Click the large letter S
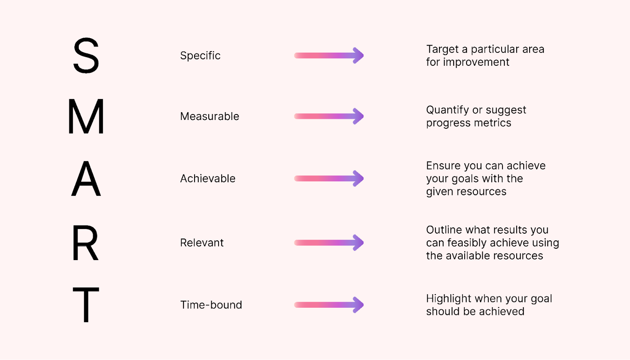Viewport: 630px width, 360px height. [x=86, y=55]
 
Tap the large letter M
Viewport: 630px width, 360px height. [x=86, y=116]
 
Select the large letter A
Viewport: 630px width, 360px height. [x=86, y=179]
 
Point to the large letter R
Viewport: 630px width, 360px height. [x=85, y=243]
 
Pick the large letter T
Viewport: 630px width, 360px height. [x=86, y=305]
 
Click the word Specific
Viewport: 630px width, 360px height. [x=200, y=55]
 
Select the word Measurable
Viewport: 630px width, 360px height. [x=209, y=116]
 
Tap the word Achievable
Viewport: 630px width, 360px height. [x=208, y=179]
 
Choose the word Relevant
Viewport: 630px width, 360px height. [x=202, y=243]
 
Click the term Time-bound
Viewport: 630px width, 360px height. [x=211, y=305]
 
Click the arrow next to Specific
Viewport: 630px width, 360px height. [x=329, y=55]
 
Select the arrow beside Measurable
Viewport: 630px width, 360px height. [x=329, y=116]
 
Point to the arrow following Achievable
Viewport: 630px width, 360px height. [x=329, y=179]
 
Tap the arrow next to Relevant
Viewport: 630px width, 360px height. [x=329, y=243]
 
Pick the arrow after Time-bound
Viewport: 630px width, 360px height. [x=329, y=305]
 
